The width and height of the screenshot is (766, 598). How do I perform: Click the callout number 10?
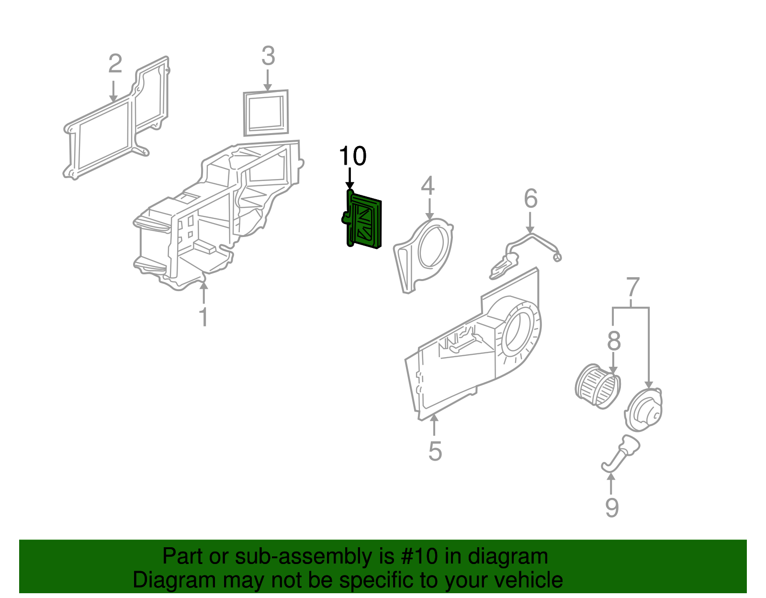tap(353, 156)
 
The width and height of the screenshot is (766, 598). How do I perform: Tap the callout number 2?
tap(115, 64)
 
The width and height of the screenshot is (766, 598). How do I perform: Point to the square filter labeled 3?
tap(266, 113)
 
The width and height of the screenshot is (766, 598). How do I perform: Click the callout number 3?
tap(268, 56)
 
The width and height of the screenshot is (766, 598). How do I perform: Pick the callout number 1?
tap(204, 317)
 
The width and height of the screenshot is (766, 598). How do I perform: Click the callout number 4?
tap(428, 186)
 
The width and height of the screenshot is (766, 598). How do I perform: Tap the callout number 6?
tap(530, 198)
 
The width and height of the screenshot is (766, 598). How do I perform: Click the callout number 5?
tap(435, 451)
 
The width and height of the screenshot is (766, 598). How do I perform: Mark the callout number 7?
tap(632, 287)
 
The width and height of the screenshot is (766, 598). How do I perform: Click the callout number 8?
tap(614, 342)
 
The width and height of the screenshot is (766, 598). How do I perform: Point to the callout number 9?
tap(612, 508)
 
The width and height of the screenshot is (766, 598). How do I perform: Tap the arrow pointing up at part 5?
tap(434, 424)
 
